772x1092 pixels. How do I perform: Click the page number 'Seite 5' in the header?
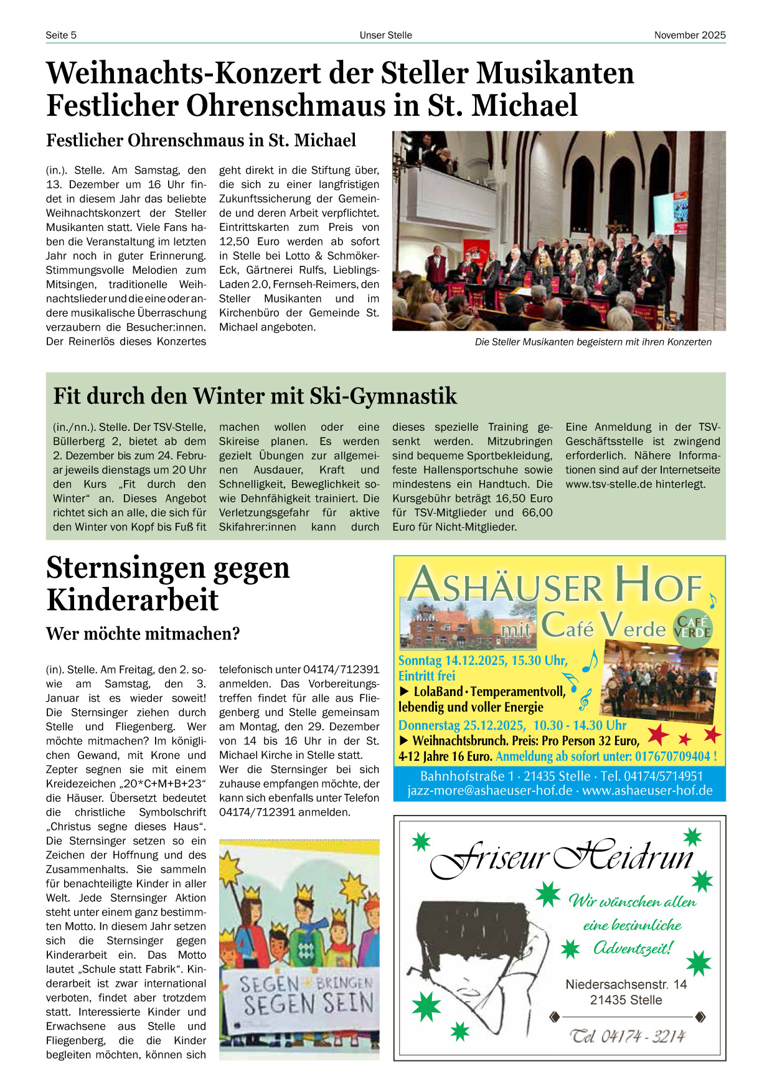[61, 35]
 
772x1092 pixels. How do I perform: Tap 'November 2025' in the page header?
[689, 35]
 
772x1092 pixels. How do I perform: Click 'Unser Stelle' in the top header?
[385, 35]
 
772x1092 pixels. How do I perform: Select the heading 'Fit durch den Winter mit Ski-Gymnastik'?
[255, 396]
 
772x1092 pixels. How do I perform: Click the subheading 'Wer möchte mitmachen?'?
[143, 634]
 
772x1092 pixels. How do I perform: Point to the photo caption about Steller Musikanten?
[593, 342]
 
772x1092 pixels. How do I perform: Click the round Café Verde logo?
[692, 628]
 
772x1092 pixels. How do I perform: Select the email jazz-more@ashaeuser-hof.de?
[489, 791]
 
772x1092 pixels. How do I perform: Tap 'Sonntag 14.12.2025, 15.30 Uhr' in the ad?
[482, 661]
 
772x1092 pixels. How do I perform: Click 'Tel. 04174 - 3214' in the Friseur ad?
[628, 1036]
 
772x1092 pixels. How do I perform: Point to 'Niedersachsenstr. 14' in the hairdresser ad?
[626, 984]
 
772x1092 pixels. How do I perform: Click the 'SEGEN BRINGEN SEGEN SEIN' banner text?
[306, 995]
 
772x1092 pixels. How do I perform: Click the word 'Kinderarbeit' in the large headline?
[133, 600]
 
